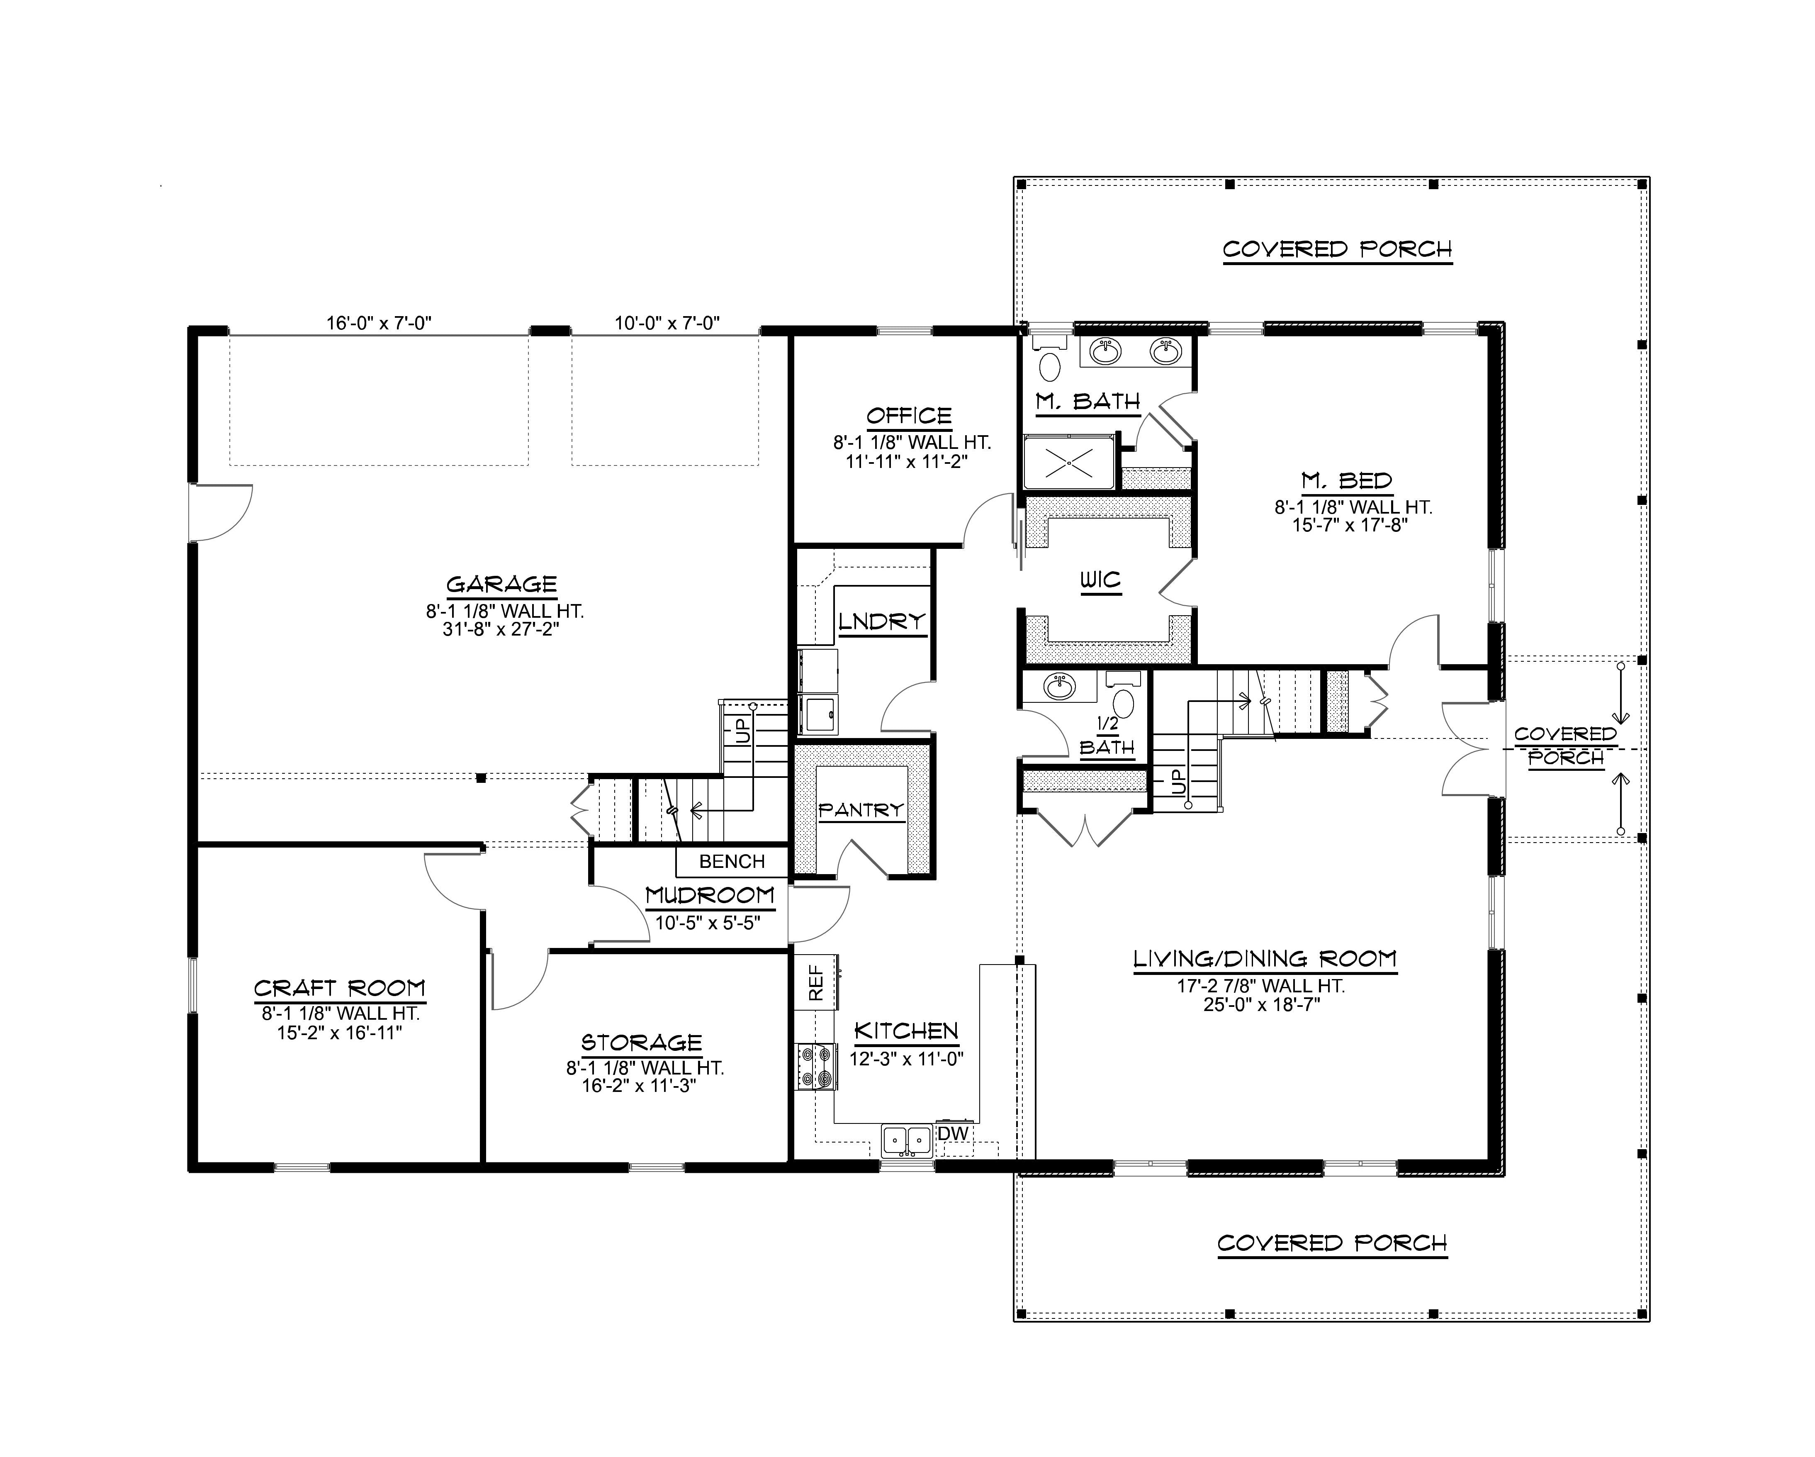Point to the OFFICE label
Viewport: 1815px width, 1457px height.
point(909,415)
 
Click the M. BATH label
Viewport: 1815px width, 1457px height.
point(1088,402)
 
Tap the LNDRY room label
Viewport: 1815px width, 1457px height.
point(881,621)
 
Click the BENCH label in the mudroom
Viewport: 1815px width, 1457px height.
point(732,862)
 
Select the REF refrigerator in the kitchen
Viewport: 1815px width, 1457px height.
point(815,982)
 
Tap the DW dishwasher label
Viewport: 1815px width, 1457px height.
point(953,1133)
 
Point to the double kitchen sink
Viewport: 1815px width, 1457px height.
point(907,1141)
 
